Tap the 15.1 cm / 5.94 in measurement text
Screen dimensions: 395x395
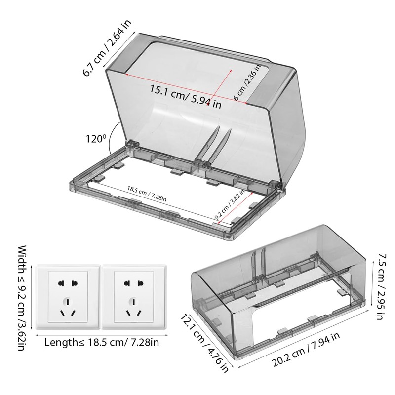point(186,96)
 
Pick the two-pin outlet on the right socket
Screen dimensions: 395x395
point(131,283)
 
